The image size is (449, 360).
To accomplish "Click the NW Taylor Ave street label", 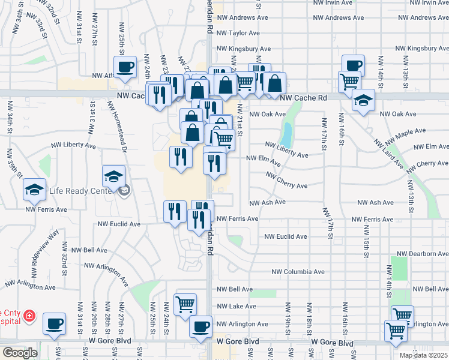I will click(x=238, y=33).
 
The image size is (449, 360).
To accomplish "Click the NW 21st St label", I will click(x=240, y=120).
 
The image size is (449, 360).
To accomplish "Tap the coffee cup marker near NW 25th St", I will click(x=125, y=67).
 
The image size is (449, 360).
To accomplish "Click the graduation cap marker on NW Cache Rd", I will click(x=363, y=100).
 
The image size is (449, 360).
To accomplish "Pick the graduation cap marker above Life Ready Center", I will click(x=113, y=176).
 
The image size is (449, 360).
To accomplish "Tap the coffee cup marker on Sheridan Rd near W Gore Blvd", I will click(x=201, y=326).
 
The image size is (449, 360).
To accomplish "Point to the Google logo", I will click(x=20, y=353).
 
